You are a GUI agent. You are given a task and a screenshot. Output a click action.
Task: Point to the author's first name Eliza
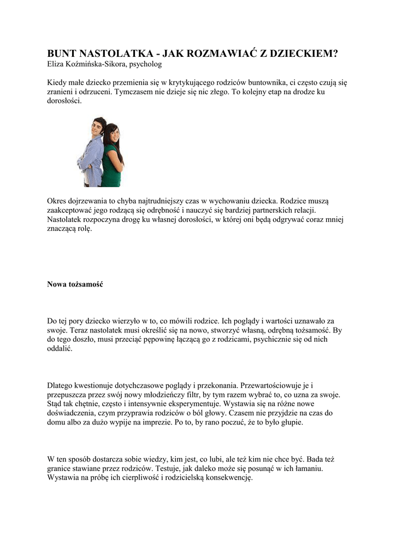point(56,64)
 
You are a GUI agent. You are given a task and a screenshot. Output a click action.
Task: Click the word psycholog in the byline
point(144,64)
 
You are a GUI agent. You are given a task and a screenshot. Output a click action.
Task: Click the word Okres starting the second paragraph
point(58,201)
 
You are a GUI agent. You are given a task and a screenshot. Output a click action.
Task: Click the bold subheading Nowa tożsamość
point(75,284)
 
